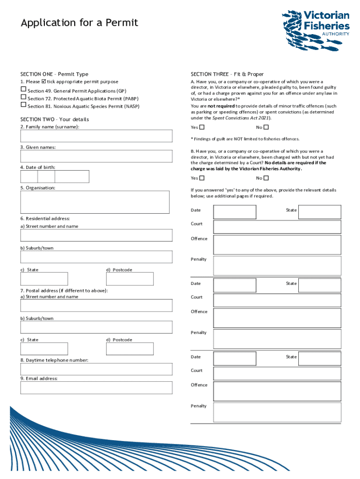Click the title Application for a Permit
[79, 23]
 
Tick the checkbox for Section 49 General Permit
[23, 89]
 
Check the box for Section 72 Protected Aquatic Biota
[23, 97]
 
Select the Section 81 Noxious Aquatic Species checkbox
[23, 105]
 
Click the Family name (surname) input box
[95, 136]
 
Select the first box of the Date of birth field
[29, 176]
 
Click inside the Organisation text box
[95, 202]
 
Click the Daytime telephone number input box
[95, 370]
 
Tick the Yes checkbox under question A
[202, 127]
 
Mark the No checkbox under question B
[266, 178]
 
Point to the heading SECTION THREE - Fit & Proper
[227, 74]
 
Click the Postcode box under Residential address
[130, 279]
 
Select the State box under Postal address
[44, 349]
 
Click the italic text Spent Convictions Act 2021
[241, 118]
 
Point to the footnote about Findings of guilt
[245, 139]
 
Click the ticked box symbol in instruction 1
[44, 81]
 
